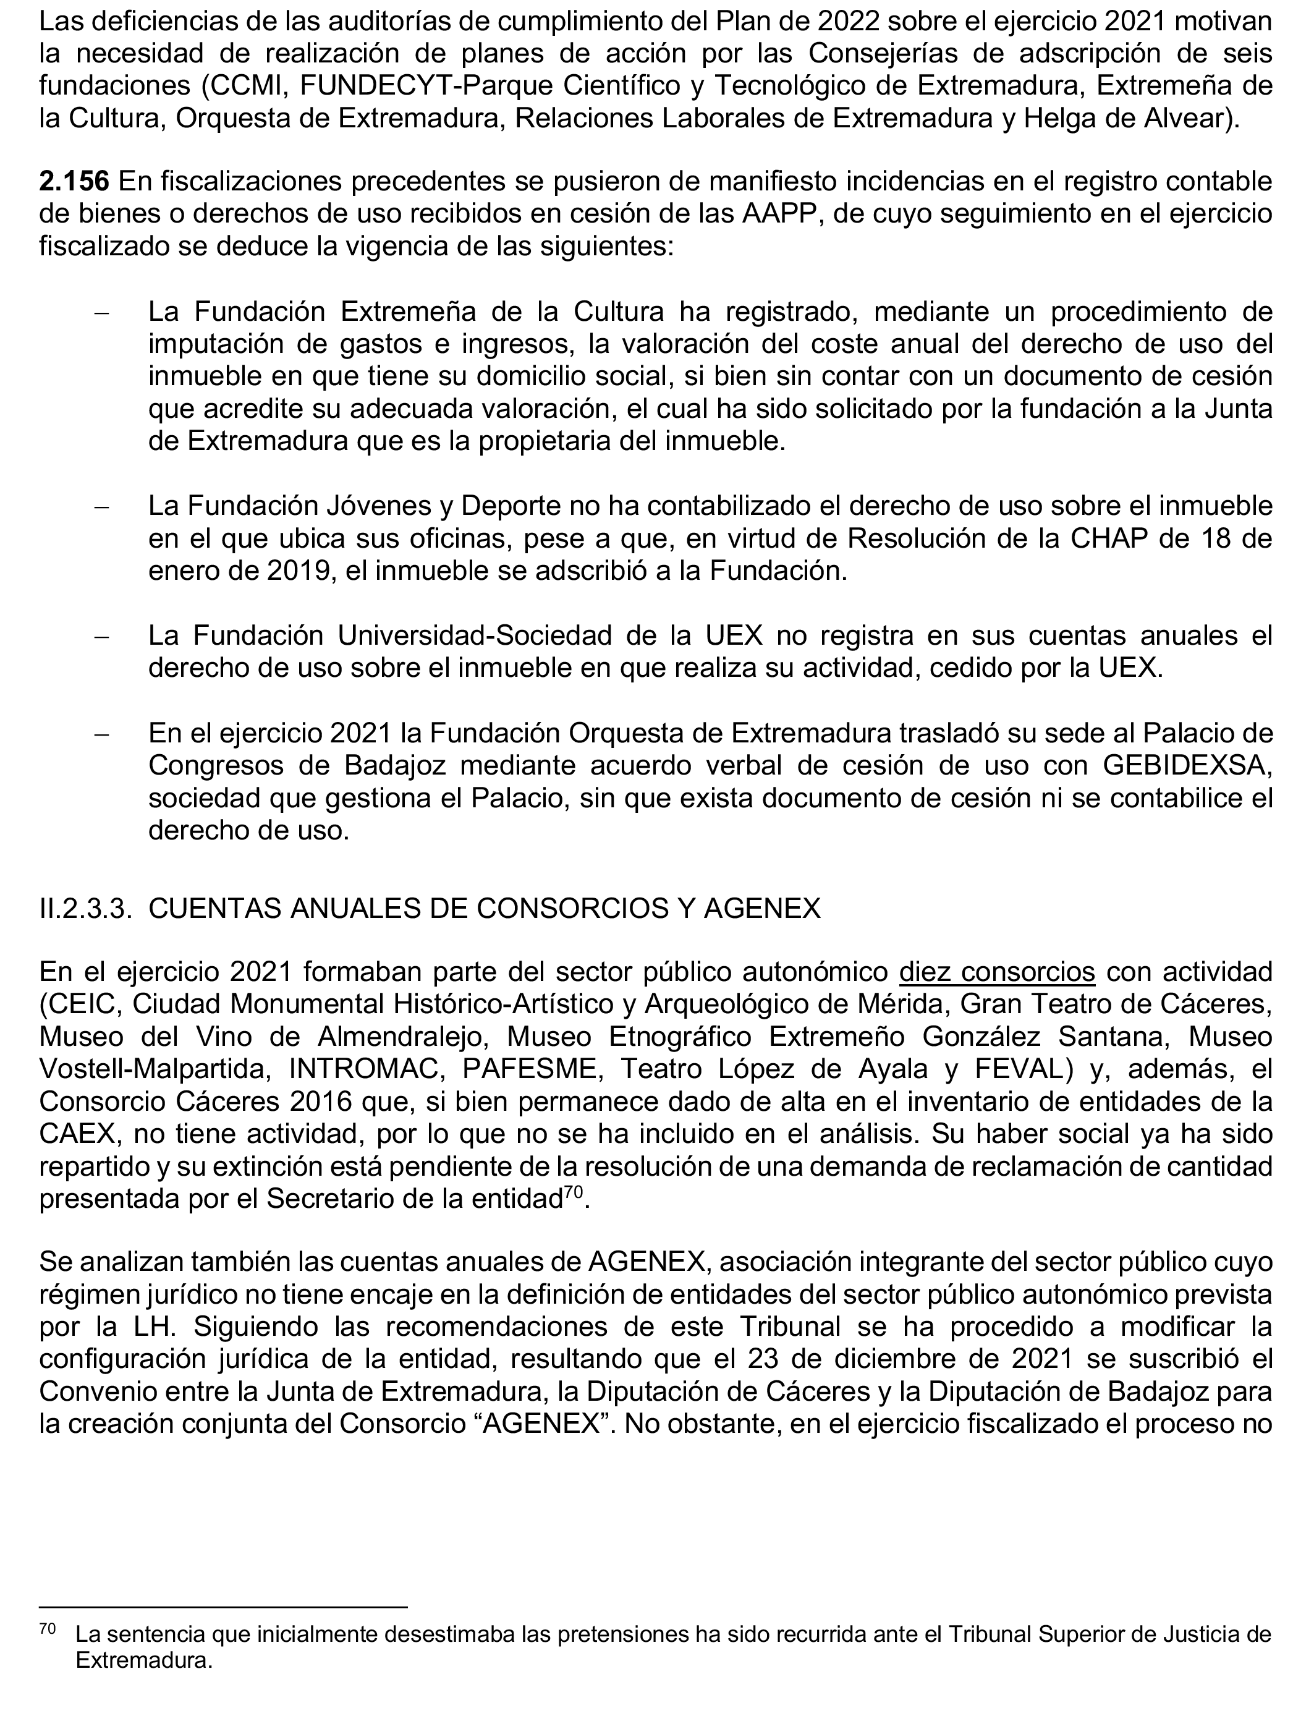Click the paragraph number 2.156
74,182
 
